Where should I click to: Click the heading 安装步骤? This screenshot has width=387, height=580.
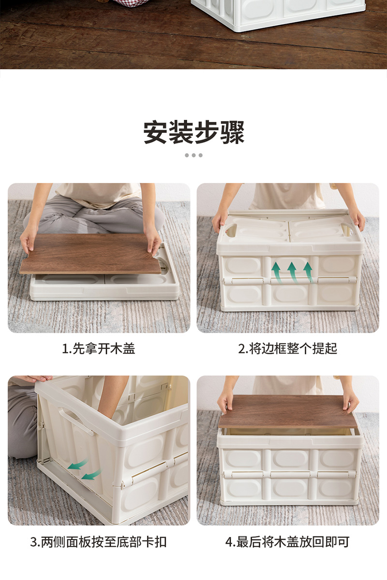point(194,132)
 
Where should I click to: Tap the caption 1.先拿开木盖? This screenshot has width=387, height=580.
point(99,348)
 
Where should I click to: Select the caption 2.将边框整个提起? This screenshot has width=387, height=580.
point(288,348)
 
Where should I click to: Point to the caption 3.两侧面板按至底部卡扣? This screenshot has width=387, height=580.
point(99,542)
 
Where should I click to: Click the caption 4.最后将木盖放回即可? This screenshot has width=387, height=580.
point(287,542)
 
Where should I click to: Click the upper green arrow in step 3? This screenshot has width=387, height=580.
point(77,464)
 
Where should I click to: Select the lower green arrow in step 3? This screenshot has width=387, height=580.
point(91,474)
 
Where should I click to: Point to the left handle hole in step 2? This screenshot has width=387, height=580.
point(231,230)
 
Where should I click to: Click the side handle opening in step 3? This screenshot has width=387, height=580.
point(75,420)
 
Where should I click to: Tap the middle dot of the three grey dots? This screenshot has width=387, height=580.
point(193,155)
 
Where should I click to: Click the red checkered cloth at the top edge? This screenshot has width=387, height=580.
point(131,3)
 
